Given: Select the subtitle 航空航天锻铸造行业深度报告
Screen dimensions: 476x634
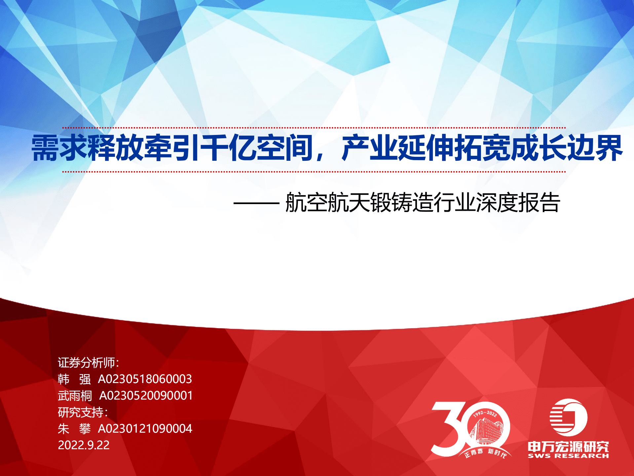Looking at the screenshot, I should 423,202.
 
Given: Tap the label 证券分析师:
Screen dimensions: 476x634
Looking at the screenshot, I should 88,363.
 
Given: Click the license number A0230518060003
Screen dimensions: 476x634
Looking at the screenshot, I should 145,379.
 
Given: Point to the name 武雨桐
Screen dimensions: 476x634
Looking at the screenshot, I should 75,396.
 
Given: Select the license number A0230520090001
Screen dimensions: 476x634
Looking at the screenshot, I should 146,396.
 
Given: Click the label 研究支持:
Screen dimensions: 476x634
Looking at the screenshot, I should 83,412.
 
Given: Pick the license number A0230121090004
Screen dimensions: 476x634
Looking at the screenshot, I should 145,429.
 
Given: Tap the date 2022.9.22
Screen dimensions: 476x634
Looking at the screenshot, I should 84,445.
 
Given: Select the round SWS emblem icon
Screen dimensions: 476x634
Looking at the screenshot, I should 568,417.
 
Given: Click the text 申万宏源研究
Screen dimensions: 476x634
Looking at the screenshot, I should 568,447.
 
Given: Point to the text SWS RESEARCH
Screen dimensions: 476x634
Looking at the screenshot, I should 568,456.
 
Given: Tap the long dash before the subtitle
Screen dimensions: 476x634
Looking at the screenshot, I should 256,203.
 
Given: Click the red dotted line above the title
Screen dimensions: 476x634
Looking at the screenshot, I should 314,128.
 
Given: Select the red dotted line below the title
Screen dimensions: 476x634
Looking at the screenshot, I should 314,172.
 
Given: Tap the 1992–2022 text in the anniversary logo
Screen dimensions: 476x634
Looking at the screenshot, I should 485,414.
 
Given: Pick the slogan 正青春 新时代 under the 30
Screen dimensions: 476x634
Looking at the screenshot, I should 485,453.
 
